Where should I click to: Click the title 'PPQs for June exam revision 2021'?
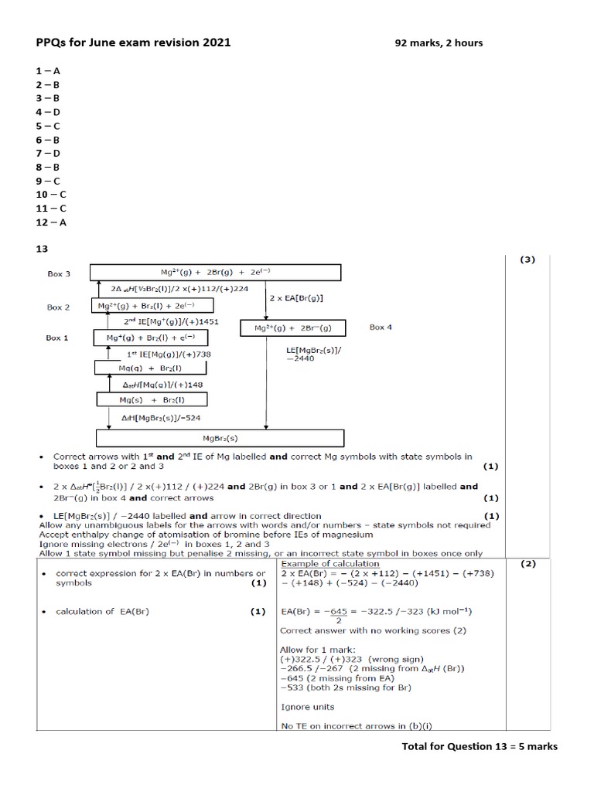(133, 42)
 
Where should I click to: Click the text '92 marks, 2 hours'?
(439, 43)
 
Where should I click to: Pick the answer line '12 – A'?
(50, 222)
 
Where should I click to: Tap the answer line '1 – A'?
(47, 70)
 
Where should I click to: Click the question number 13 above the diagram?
(43, 250)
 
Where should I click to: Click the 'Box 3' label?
(58, 273)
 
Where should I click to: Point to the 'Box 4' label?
(381, 327)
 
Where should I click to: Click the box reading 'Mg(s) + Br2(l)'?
(141, 399)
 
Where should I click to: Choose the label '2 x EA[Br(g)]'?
(295, 297)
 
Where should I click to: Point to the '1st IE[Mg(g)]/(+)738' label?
(168, 353)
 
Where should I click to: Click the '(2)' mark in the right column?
(527, 564)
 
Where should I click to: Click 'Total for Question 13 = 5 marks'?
(480, 746)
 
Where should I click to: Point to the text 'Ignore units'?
(306, 707)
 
